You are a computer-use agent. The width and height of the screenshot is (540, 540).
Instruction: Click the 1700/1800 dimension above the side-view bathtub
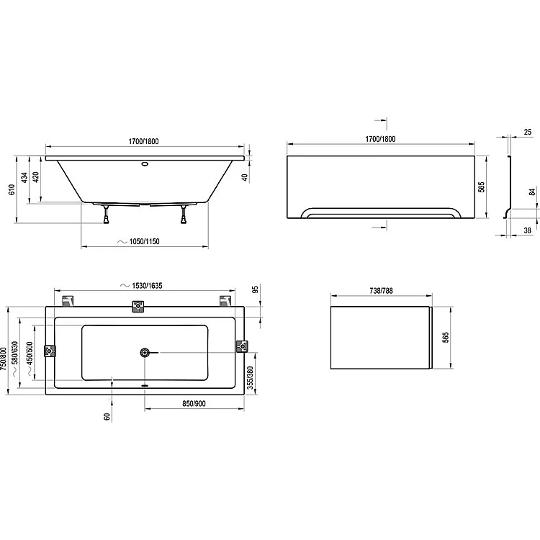tap(143, 141)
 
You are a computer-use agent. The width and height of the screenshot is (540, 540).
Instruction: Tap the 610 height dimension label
tap(12, 189)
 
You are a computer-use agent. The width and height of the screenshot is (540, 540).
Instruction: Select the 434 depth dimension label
tap(24, 177)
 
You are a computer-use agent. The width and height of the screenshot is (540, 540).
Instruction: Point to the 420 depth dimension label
tap(35, 177)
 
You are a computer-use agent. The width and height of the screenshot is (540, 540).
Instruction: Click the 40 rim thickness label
tap(244, 178)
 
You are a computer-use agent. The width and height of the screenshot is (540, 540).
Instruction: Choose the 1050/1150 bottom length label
tap(144, 241)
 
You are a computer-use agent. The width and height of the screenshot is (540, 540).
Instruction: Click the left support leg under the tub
tap(107, 215)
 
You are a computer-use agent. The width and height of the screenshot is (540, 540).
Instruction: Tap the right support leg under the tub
tap(184, 215)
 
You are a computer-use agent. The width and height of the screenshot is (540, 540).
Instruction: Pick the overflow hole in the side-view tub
tap(145, 163)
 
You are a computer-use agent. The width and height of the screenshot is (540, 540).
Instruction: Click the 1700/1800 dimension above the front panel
tap(380, 139)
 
